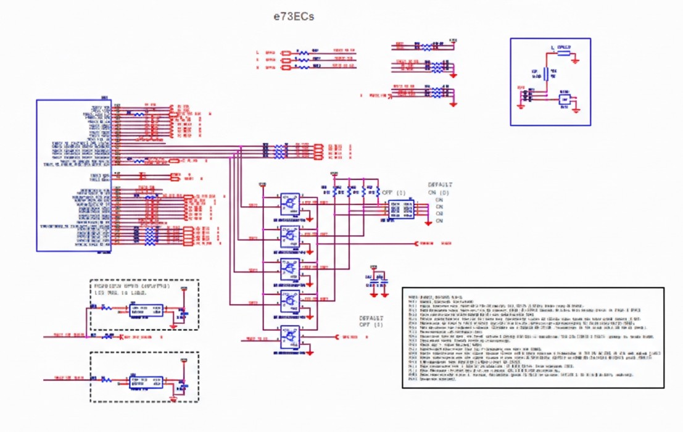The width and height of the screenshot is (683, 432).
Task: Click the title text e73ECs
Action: (x=294, y=17)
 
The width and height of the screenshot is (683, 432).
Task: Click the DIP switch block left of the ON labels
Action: (x=401, y=210)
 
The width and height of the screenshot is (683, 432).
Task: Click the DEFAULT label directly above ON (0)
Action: (x=441, y=185)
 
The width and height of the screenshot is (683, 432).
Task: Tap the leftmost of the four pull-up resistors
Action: (x=337, y=192)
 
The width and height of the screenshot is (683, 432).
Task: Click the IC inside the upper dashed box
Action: (x=146, y=310)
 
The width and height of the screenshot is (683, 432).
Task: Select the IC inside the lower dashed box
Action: (x=146, y=381)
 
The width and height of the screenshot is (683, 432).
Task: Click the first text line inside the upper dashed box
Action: (x=131, y=286)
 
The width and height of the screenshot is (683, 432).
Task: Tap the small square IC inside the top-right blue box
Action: (x=565, y=99)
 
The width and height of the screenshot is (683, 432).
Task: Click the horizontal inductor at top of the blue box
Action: (x=563, y=53)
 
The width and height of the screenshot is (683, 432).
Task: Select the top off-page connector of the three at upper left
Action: (x=286, y=53)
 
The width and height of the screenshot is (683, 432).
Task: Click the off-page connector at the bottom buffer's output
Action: (x=337, y=337)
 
